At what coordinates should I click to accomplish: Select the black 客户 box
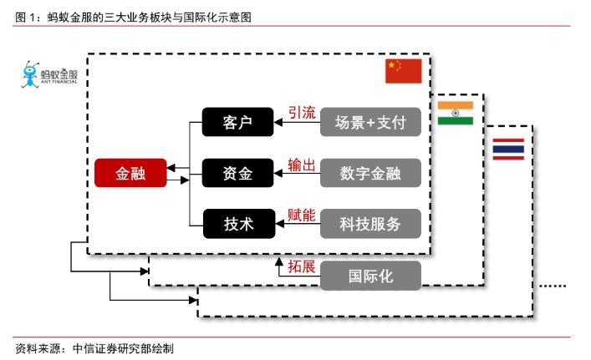[238, 123]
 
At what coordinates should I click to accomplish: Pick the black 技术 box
[238, 223]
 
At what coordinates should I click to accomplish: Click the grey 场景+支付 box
[370, 123]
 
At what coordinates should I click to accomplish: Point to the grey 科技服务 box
[370, 223]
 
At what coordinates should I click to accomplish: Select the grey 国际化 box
[370, 274]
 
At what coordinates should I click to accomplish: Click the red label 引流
[302, 113]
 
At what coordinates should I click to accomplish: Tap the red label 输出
[302, 164]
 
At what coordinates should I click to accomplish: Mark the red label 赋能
[302, 215]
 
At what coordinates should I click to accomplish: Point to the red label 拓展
[302, 266]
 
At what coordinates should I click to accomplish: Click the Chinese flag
[404, 71]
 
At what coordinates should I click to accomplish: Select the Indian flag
[456, 113]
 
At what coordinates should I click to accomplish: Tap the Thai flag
[508, 149]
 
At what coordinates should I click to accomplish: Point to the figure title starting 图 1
[134, 17]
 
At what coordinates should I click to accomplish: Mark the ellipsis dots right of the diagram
[553, 286]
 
